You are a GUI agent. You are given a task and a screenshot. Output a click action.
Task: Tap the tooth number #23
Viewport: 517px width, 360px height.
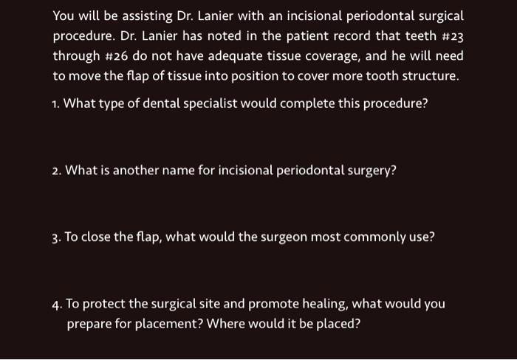coord(451,35)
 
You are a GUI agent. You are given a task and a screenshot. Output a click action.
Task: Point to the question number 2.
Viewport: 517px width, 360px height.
coord(57,170)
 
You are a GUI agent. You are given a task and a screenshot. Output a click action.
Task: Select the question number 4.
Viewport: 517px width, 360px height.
coord(57,304)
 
